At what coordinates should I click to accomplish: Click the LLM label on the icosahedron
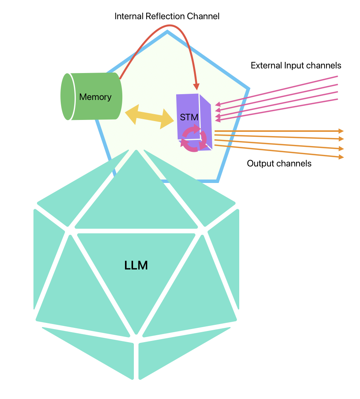[136, 266]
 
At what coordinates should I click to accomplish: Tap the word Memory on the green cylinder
[95, 97]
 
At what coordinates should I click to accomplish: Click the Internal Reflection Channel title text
[167, 17]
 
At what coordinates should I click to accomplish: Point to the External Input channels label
[296, 65]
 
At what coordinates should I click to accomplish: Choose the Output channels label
[279, 163]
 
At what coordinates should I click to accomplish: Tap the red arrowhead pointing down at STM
[196, 87]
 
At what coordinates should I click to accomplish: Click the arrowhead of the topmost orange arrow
[341, 131]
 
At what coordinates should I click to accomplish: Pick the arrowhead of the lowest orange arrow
[341, 157]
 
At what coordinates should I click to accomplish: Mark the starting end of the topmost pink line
[337, 76]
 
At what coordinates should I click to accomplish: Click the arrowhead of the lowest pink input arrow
[218, 120]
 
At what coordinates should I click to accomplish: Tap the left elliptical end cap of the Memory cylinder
[67, 96]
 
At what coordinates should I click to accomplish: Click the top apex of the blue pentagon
[167, 32]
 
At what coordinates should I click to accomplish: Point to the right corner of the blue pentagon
[248, 89]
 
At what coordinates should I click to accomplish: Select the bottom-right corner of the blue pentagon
[218, 181]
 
